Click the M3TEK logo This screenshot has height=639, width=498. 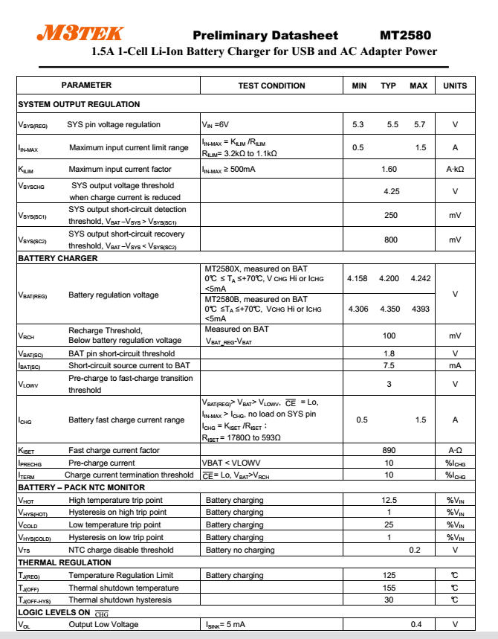point(80,33)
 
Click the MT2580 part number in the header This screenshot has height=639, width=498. point(405,35)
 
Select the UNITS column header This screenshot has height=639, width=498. point(455,86)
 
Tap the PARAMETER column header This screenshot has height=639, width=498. point(86,86)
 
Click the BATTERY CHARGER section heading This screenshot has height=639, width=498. point(58,258)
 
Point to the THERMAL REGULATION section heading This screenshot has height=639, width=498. point(65,562)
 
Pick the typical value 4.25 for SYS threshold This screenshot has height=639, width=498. point(392,191)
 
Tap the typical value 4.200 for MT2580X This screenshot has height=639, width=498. point(389,278)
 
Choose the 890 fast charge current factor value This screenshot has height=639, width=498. point(389,450)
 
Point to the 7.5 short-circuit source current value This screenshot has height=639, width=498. point(389,365)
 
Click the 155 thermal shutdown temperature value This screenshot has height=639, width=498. point(389,588)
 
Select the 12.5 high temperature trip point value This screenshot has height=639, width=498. point(389,500)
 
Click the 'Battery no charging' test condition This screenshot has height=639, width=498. point(240,550)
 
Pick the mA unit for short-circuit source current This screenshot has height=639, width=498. point(455,365)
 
